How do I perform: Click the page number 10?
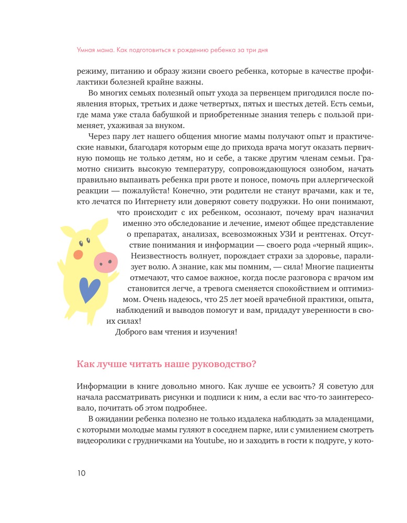click(81, 473)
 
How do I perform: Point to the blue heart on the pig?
click(90, 289)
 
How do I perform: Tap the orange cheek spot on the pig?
click(78, 255)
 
